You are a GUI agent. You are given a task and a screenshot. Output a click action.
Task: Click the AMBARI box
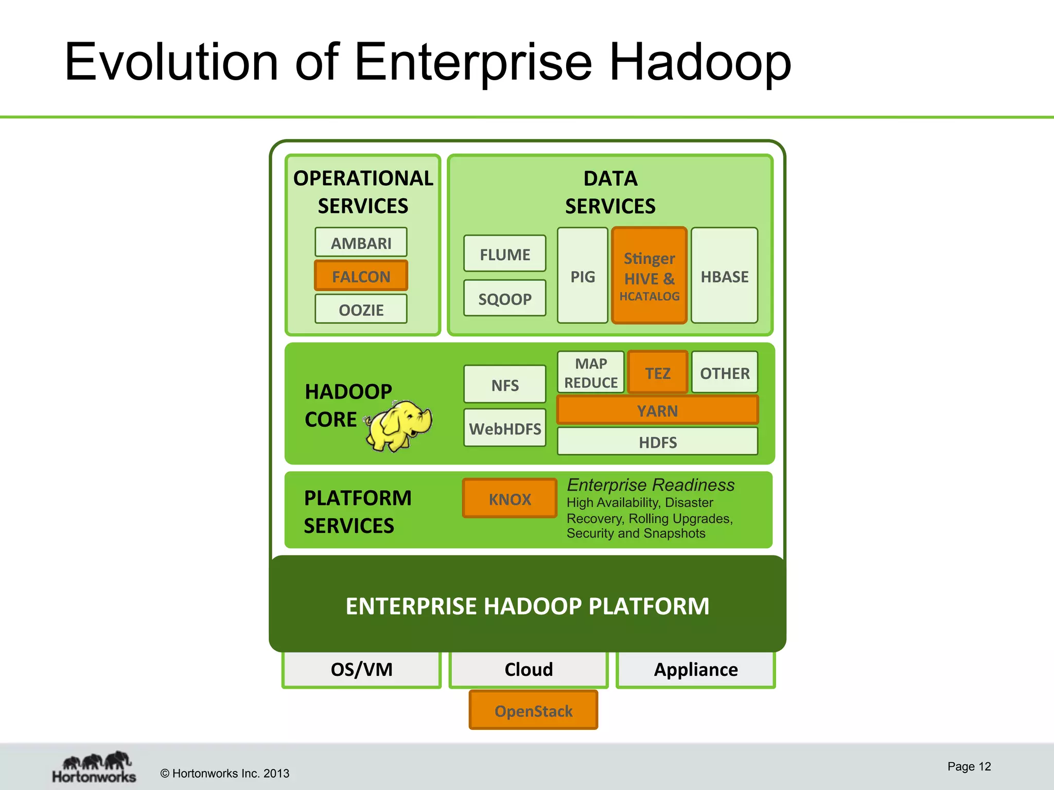(x=361, y=242)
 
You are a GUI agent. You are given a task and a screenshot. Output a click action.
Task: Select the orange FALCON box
(x=361, y=276)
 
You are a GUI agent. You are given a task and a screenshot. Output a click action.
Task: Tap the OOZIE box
(x=361, y=309)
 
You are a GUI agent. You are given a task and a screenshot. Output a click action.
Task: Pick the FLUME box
(x=504, y=254)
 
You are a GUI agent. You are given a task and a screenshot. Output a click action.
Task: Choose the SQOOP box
(x=504, y=298)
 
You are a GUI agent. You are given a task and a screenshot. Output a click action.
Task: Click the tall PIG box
(x=583, y=276)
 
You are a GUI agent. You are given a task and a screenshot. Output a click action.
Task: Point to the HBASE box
(x=724, y=276)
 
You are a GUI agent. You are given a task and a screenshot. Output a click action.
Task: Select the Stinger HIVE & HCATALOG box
(x=649, y=276)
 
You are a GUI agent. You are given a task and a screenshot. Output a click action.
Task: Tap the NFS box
(x=504, y=385)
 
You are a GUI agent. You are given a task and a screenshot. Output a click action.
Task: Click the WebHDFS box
(x=504, y=428)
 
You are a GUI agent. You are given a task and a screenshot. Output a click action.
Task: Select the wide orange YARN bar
(x=657, y=410)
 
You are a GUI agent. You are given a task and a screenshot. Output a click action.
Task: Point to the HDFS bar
(x=657, y=442)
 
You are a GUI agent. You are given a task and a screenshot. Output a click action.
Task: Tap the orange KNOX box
(x=510, y=498)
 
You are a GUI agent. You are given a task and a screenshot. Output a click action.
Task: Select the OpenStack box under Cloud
(x=533, y=710)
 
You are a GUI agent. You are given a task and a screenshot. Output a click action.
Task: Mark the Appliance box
(x=696, y=669)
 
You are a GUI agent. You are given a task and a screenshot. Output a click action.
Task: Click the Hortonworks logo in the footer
(x=94, y=767)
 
